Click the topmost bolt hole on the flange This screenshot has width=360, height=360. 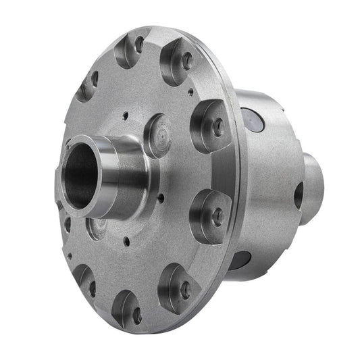(x=138, y=45)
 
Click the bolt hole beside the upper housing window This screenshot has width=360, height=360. (x=217, y=126)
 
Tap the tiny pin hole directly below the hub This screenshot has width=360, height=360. (x=126, y=241)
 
